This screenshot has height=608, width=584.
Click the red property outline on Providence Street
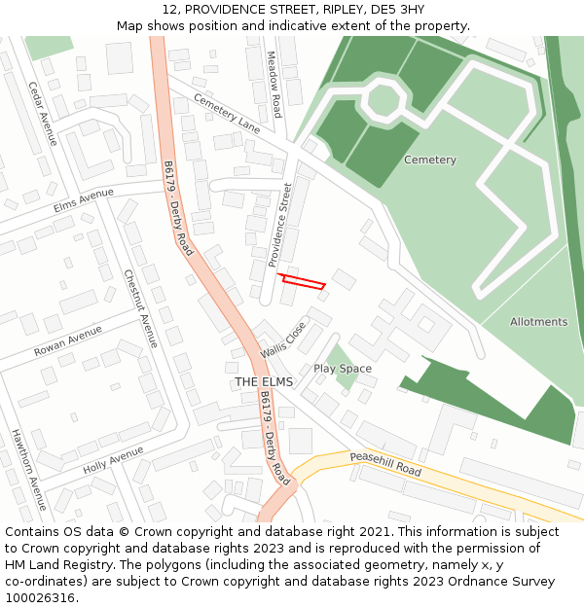[303, 282]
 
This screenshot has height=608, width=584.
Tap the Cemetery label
[429, 160]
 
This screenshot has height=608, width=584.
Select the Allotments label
[538, 321]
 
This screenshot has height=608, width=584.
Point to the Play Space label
[343, 369]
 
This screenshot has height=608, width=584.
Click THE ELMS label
[263, 382]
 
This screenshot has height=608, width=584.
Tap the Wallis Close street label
[283, 340]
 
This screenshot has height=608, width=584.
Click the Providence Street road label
[280, 224]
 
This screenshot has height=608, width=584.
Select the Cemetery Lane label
[227, 113]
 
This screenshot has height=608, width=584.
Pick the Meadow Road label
[274, 85]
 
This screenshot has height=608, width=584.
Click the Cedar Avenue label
[43, 113]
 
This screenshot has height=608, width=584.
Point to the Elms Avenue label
[84, 199]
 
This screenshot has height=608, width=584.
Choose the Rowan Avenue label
[67, 340]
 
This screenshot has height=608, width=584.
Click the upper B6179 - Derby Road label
[179, 208]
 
